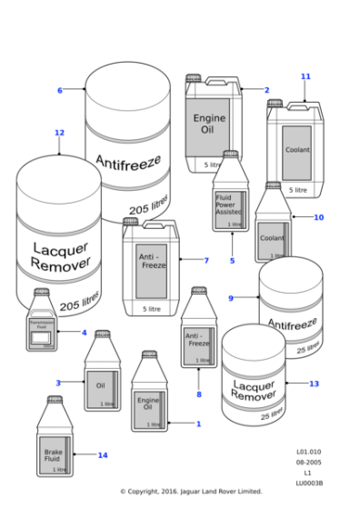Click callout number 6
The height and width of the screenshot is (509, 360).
click(x=59, y=90)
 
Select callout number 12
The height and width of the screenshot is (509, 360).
click(x=59, y=133)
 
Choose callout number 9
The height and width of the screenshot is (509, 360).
click(x=231, y=297)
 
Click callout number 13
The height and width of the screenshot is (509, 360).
click(x=314, y=384)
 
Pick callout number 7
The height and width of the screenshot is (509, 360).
click(x=206, y=261)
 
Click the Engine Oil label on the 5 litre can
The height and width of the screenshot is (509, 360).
click(x=209, y=125)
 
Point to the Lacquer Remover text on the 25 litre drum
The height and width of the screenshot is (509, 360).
click(x=252, y=390)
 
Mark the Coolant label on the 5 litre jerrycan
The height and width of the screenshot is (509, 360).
click(x=296, y=149)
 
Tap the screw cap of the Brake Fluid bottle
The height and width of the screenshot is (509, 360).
click(x=55, y=401)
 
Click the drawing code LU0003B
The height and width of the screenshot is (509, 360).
click(x=309, y=483)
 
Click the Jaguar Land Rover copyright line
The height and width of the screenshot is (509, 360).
click(x=191, y=492)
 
